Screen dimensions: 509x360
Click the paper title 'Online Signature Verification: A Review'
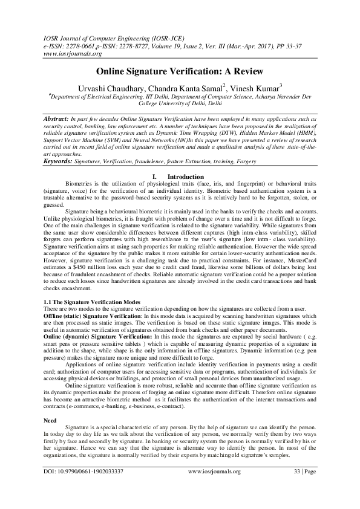pos(180,71)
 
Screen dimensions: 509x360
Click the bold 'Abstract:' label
pos(56,120)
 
